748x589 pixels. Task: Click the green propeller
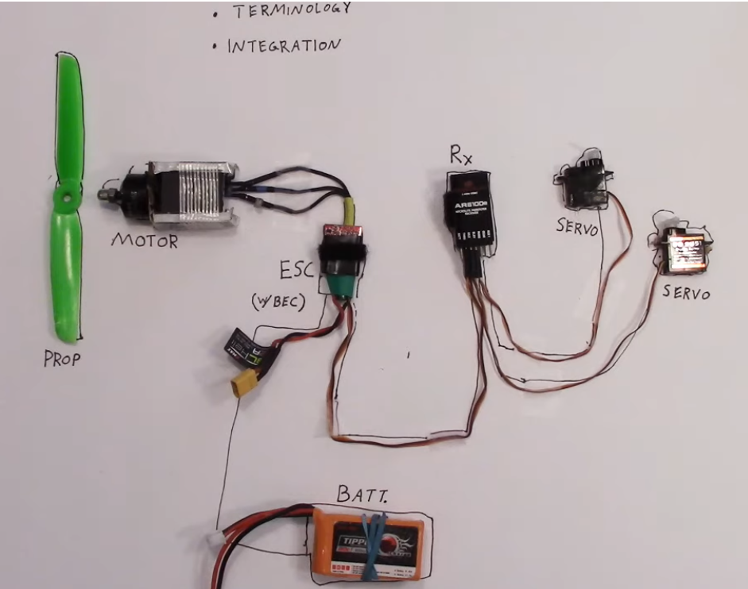(67, 262)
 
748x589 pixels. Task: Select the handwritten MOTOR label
(144, 239)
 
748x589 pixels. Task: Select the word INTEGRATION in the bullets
(283, 44)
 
